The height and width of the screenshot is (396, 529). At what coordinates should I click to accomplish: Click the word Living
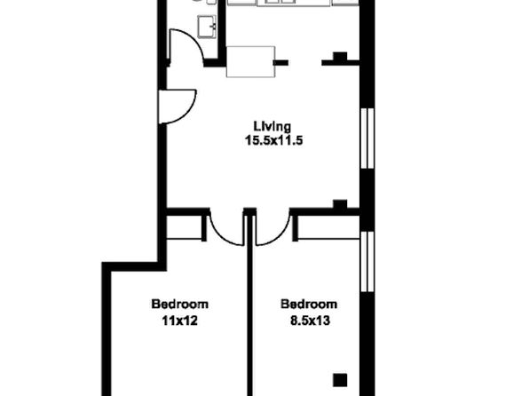(272, 127)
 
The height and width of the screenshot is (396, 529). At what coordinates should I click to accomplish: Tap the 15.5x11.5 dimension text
(273, 140)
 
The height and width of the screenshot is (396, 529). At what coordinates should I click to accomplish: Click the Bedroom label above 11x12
(179, 305)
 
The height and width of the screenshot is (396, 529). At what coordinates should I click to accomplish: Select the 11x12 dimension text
(179, 321)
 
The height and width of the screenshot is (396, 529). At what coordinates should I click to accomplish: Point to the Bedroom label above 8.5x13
(309, 305)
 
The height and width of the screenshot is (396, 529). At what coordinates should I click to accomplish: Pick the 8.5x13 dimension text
(310, 321)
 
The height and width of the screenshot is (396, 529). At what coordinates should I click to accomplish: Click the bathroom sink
(207, 27)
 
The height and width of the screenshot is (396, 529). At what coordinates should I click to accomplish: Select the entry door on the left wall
(177, 107)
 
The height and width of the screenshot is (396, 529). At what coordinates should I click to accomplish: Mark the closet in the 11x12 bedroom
(185, 227)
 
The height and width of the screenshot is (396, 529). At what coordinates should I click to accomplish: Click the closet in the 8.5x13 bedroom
(328, 227)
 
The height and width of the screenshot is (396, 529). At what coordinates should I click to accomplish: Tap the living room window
(367, 139)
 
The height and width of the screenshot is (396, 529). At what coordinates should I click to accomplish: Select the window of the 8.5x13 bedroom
(367, 262)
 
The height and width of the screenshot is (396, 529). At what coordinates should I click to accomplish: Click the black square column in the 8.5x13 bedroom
(340, 380)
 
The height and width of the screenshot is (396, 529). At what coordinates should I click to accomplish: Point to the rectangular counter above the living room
(250, 62)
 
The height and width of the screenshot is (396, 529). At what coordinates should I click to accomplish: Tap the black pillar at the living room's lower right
(340, 204)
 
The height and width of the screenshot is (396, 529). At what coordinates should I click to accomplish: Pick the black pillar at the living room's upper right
(340, 56)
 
